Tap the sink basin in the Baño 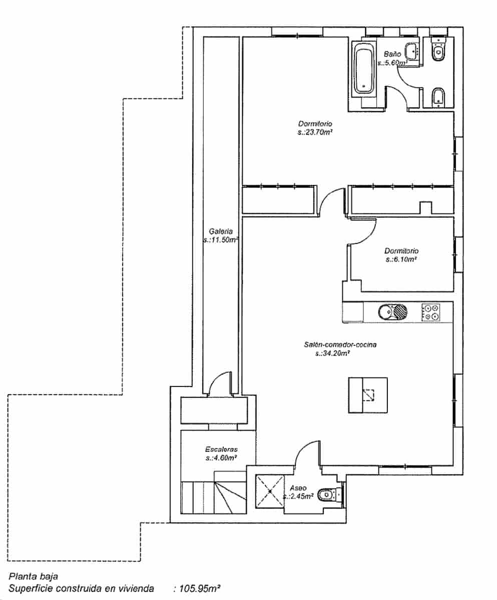click(412, 50)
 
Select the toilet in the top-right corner click(438, 50)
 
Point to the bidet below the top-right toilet click(438, 96)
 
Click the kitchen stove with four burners click(431, 312)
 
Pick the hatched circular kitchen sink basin click(400, 312)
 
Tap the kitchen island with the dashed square click(368, 395)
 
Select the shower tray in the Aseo click(270, 491)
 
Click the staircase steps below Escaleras click(214, 497)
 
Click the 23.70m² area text click(315, 132)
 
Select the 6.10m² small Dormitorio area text click(401, 260)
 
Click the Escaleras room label click(221, 448)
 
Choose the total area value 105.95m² click(197, 589)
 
